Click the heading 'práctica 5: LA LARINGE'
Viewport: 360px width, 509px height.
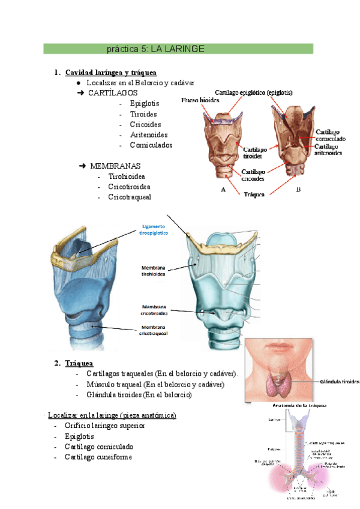pyautogui.click(x=155, y=48)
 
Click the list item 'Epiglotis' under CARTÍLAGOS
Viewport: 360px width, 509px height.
pyautogui.click(x=145, y=104)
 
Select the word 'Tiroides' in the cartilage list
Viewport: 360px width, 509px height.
pyautogui.click(x=143, y=114)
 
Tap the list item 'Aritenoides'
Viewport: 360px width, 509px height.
pyautogui.click(x=149, y=134)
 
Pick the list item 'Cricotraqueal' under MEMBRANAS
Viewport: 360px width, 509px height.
pyautogui.click(x=130, y=197)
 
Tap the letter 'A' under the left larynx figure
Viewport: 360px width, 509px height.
pyautogui.click(x=223, y=188)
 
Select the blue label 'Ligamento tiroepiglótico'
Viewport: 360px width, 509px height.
pyautogui.click(x=153, y=229)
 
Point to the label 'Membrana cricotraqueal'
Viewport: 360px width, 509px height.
pyautogui.click(x=154, y=330)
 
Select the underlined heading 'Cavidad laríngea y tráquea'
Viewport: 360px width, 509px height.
pyautogui.click(x=111, y=73)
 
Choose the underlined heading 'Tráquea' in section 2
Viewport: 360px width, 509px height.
pyautogui.click(x=79, y=363)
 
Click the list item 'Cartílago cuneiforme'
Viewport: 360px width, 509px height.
pyautogui.click(x=98, y=457)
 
